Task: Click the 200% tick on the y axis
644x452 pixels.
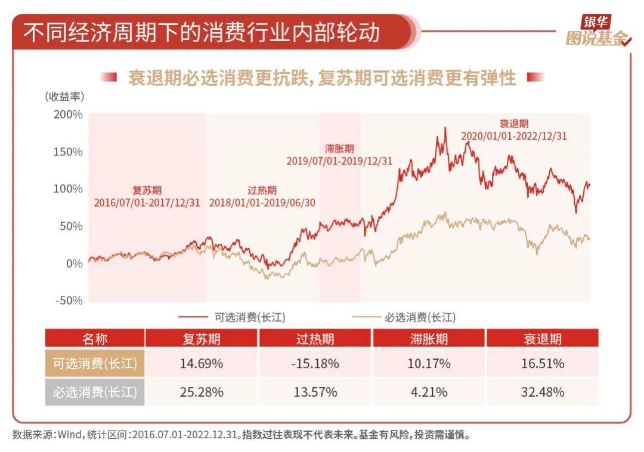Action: click(x=69, y=114)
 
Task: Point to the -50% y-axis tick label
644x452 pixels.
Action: click(x=69, y=301)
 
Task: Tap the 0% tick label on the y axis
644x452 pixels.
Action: click(x=74, y=263)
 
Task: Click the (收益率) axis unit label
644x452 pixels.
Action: click(x=64, y=96)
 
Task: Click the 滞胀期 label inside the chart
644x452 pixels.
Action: click(x=339, y=149)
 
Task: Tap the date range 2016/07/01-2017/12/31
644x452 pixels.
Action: click(x=147, y=202)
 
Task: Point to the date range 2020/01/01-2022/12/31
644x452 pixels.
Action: click(x=513, y=136)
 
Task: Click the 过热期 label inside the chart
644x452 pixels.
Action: click(x=262, y=191)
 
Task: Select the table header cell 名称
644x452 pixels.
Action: click(x=95, y=339)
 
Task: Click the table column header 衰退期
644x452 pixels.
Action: click(x=542, y=339)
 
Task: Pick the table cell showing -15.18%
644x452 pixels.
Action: click(x=315, y=363)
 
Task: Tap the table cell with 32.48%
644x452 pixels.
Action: click(x=543, y=392)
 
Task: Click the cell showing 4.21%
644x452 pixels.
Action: click(x=429, y=392)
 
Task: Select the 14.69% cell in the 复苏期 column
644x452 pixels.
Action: click(x=202, y=363)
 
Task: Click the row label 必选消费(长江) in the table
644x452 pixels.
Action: click(x=95, y=392)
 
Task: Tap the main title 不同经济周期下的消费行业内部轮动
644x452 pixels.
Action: click(x=202, y=32)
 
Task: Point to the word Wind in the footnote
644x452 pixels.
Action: click(x=70, y=435)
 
